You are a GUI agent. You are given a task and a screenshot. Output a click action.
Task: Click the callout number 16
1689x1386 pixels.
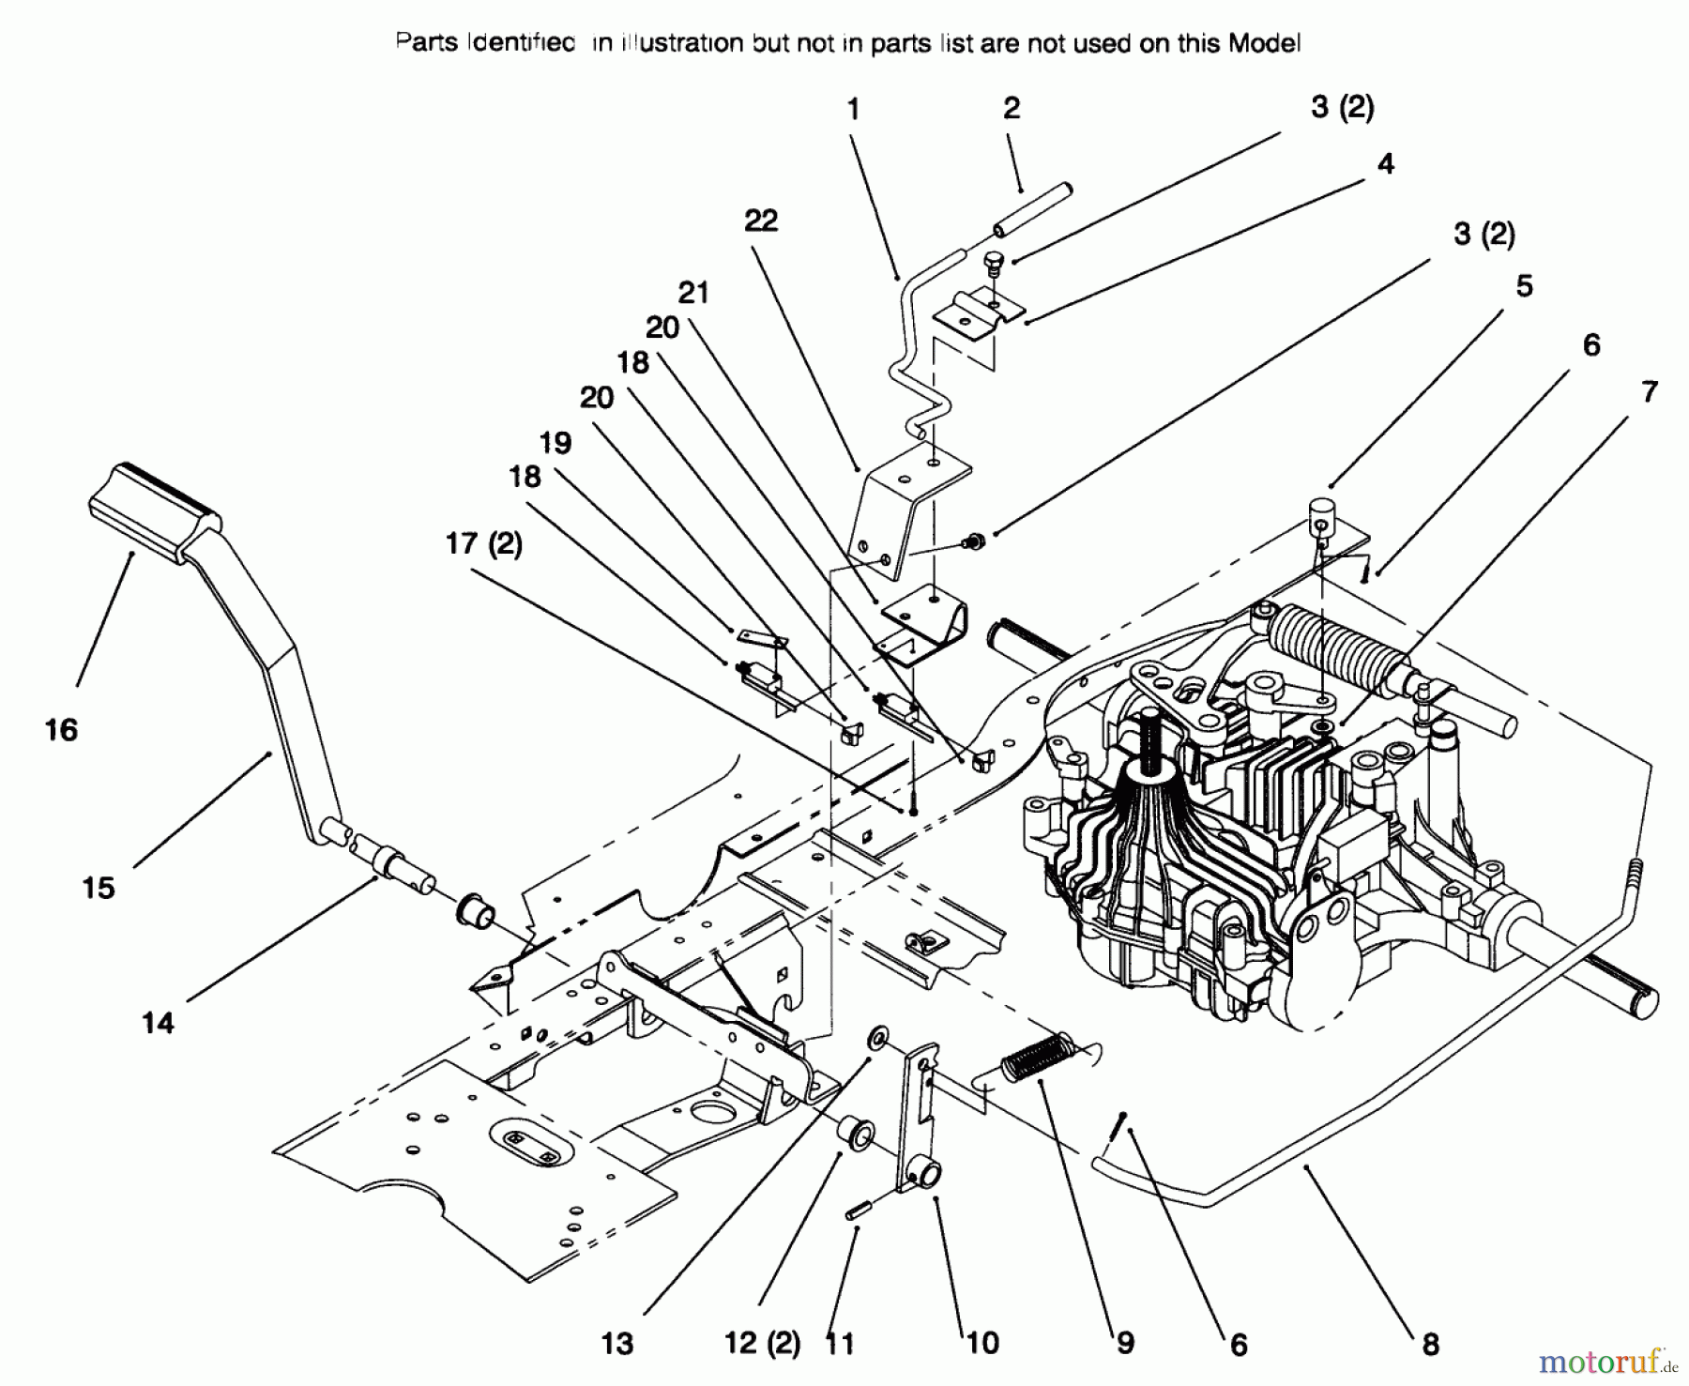[62, 729]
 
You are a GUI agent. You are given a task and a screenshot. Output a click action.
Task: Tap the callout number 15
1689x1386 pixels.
[99, 887]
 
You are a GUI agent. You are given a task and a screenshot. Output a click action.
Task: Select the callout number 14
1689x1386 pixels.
[158, 1022]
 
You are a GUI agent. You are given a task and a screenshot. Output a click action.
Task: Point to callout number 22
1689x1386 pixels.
[761, 221]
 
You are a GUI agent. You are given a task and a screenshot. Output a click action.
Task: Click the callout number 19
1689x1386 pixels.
[555, 442]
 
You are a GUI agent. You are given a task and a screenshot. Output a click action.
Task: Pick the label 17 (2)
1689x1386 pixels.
[483, 543]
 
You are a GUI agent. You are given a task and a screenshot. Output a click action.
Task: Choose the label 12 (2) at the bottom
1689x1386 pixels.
[761, 1343]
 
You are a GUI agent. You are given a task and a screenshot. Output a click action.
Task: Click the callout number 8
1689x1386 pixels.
[1430, 1345]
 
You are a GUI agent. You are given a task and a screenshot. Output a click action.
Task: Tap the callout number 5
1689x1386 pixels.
[1524, 285]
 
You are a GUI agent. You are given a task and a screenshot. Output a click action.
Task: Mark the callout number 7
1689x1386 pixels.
[1650, 391]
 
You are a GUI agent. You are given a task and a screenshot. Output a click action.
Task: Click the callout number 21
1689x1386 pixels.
[693, 293]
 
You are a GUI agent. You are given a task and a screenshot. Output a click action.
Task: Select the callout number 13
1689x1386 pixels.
[617, 1343]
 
